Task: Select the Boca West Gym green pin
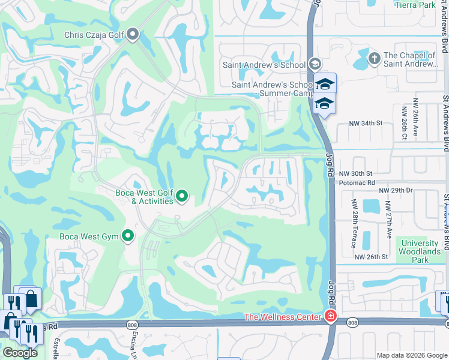coord(127,236)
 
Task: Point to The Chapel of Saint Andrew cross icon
coord(374,59)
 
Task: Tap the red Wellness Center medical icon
coord(330,316)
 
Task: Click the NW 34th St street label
coord(366,124)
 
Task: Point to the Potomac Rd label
coord(357,181)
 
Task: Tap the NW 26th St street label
coord(372,257)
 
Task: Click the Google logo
coord(20,352)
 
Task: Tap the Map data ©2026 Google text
coord(411,355)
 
